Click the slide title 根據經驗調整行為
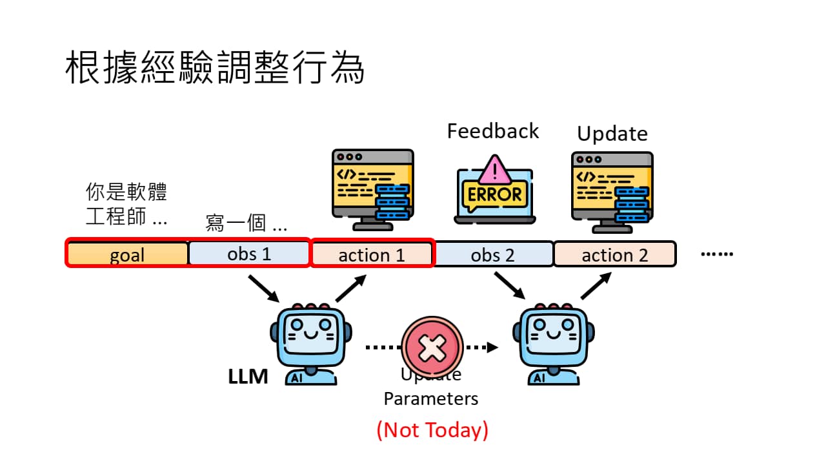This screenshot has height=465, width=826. tap(215, 68)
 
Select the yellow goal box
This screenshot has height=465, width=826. tap(127, 254)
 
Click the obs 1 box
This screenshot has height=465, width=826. tap(249, 254)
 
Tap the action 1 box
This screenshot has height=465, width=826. tap(372, 254)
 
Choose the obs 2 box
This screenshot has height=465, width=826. tap(493, 254)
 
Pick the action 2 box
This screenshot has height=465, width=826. tap(614, 254)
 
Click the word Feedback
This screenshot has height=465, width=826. tap(493, 131)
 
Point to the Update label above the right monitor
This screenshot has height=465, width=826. tap(612, 134)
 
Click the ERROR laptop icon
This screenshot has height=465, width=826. tap(494, 190)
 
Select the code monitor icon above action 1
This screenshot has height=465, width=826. tap(372, 189)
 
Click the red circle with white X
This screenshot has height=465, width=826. tap(432, 347)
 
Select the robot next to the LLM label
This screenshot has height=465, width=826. tap(311, 344)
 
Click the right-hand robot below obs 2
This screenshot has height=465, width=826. tap(554, 344)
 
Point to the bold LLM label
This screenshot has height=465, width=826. tap(248, 377)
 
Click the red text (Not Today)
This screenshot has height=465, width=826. tap(432, 429)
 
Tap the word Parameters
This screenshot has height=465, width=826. tap(431, 398)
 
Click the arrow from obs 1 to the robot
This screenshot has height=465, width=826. tap(263, 287)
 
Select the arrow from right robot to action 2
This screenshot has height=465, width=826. tap(596, 285)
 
